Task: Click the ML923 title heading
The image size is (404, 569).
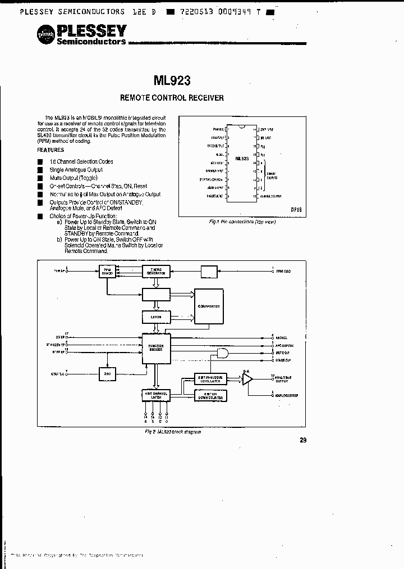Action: tap(175, 80)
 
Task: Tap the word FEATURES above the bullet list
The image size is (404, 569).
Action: tap(50, 150)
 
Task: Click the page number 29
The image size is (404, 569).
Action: tap(303, 440)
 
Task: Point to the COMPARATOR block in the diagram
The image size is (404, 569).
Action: tap(209, 306)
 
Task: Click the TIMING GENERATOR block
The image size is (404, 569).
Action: tap(156, 271)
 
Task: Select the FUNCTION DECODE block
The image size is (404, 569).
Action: tap(156, 346)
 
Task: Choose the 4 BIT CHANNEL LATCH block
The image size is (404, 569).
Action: tap(156, 395)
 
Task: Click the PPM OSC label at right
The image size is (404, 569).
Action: tap(283, 272)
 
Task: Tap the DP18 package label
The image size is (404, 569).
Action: tap(296, 209)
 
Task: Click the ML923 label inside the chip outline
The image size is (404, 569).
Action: tap(242, 159)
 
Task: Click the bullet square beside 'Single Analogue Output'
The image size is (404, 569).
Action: tap(40, 169)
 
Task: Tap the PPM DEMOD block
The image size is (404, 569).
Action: tap(107, 271)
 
